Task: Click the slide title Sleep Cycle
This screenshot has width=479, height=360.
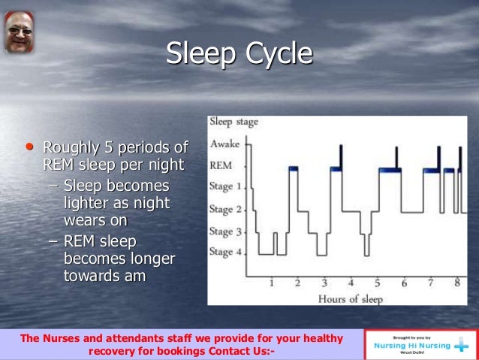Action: [x=239, y=54]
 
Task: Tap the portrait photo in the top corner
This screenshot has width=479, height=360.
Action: [x=19, y=32]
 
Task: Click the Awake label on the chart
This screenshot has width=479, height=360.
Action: [x=226, y=145]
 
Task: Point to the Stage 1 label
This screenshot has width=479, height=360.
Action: [x=226, y=186]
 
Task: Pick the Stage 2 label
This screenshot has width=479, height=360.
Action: [x=226, y=209]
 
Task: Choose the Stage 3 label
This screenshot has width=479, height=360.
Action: [x=226, y=231]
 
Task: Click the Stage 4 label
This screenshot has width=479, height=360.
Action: [x=226, y=252]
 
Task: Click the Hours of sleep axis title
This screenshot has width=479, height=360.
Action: [x=350, y=299]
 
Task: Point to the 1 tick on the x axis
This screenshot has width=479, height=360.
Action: [x=272, y=284]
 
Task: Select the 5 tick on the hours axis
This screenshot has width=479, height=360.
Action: [x=378, y=284]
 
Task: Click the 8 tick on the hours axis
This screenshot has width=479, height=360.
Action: [x=456, y=284]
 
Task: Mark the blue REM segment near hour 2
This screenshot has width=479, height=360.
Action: [x=293, y=168]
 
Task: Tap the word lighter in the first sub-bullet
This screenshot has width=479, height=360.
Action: [x=86, y=204]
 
